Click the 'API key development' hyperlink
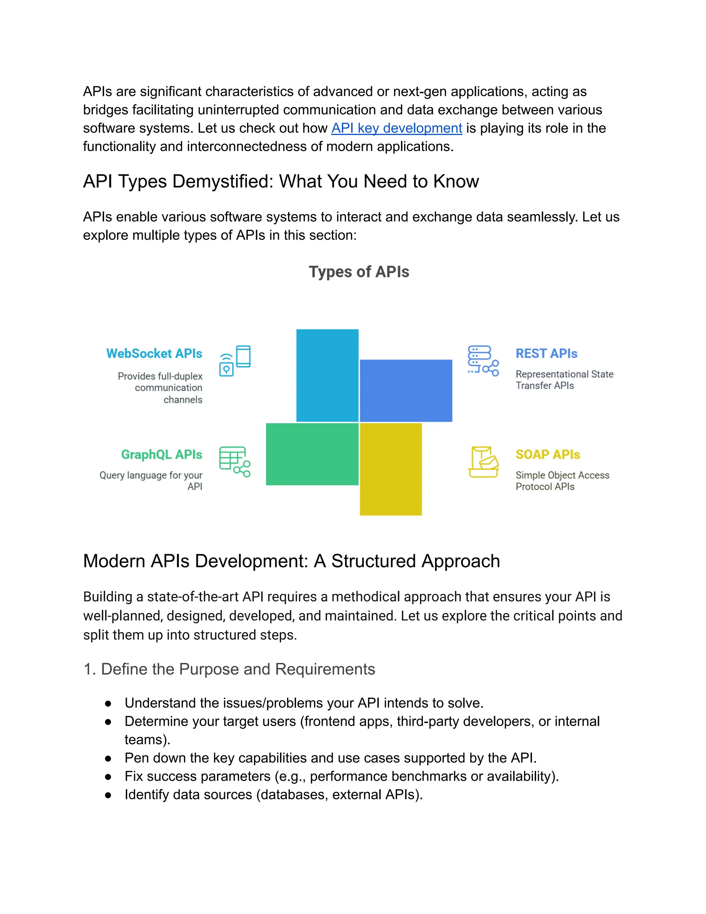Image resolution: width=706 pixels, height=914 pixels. coord(396,128)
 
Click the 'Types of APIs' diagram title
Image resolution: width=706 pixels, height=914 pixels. coord(359,272)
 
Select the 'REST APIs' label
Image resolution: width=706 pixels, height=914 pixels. coord(546,354)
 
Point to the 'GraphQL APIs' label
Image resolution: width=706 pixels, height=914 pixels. coord(161,455)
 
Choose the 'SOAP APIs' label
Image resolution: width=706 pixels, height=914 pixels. coord(547,455)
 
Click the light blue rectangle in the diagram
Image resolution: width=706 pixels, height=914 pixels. coord(327,375)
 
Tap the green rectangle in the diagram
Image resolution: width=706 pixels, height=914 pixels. coord(312,454)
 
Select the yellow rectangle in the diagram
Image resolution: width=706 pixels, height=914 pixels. coord(391,469)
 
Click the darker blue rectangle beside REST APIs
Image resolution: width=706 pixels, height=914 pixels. coord(406,390)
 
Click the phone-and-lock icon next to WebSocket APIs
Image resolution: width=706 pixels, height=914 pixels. coord(235,361)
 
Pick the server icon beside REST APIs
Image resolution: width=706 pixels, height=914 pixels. coord(483,361)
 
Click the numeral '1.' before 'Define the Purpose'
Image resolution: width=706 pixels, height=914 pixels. coord(90,669)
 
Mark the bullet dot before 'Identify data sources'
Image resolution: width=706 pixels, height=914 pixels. coord(108,795)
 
